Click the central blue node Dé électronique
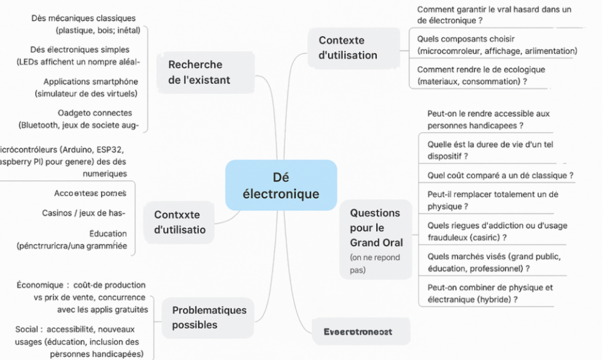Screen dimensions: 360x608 pos(281,185)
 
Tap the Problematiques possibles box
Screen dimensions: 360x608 pos(209,317)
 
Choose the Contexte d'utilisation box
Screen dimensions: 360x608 pos(348,48)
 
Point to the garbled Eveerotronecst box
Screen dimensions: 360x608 pos(358,332)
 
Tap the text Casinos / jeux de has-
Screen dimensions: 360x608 pos(84,213)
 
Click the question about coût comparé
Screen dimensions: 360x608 pos(500,175)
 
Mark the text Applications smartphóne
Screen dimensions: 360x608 pos(90,82)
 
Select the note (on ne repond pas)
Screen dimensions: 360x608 pos(375,264)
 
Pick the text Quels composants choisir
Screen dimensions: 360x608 pos(466,39)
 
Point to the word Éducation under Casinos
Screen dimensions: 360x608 pos(108,234)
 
